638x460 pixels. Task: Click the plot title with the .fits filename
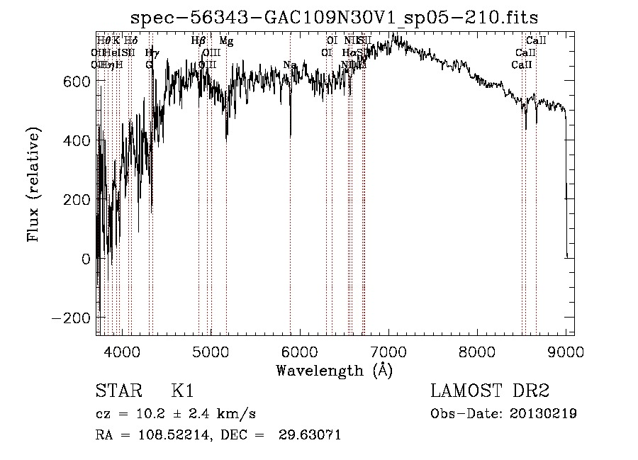click(335, 18)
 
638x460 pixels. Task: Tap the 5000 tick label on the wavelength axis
click(211, 349)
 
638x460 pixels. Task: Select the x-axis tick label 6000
click(300, 349)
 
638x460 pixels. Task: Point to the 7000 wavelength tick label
click(388, 349)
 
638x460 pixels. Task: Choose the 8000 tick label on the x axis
click(477, 349)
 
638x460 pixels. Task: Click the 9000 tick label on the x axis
click(566, 349)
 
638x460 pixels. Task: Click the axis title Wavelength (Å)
click(334, 370)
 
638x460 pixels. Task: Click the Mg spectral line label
click(226, 41)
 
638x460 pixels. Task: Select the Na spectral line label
click(289, 65)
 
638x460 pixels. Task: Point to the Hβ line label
click(198, 41)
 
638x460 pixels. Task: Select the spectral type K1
click(182, 391)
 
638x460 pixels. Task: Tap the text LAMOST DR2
click(490, 391)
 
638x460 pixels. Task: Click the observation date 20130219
click(543, 414)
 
